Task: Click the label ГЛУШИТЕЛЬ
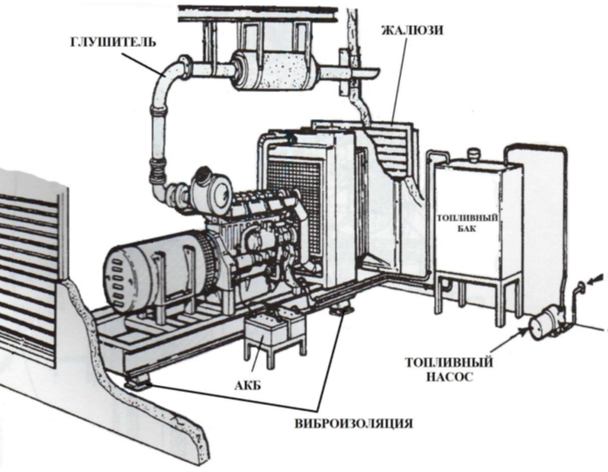(113, 41)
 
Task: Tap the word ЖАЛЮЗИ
(411, 30)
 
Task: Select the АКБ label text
(248, 386)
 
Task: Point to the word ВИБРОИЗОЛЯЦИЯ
(353, 422)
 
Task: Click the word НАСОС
(449, 376)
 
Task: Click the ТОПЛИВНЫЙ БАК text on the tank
(466, 223)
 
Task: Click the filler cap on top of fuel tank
(473, 154)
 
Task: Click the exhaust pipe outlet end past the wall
(364, 72)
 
